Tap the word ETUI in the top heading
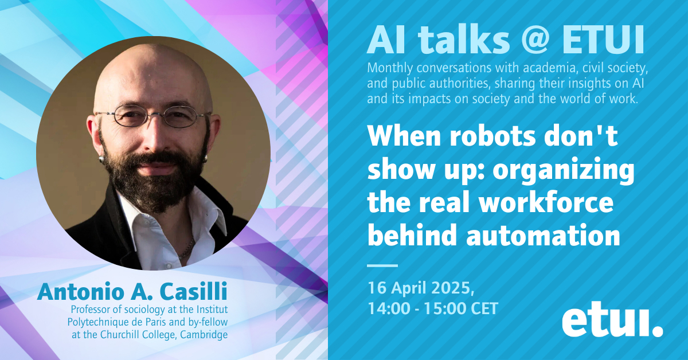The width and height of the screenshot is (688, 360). click(x=603, y=40)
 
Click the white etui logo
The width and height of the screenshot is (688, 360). click(x=612, y=323)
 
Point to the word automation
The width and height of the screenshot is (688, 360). click(x=543, y=235)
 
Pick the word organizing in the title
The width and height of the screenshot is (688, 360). click(x=564, y=171)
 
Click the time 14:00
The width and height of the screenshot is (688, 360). click(x=389, y=308)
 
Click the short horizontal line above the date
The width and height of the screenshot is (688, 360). click(x=382, y=265)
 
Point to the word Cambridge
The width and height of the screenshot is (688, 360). click(x=204, y=335)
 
